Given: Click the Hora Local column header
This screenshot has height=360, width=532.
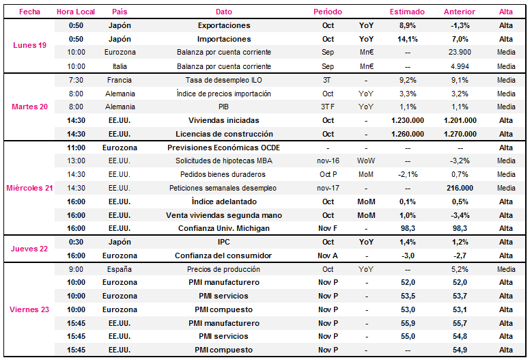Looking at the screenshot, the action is pyautogui.click(x=76, y=12).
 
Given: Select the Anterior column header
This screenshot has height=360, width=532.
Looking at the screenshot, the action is pyautogui.click(x=460, y=12).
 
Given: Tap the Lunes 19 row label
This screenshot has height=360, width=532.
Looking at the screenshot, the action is pyautogui.click(x=29, y=45).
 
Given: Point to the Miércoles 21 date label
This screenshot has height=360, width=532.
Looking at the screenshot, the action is pyautogui.click(x=29, y=188).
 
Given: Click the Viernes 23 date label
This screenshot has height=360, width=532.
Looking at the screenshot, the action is pyautogui.click(x=29, y=309).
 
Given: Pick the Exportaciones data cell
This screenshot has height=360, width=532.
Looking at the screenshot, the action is pyautogui.click(x=224, y=25).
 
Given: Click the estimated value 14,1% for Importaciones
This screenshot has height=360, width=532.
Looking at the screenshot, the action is pyautogui.click(x=408, y=39).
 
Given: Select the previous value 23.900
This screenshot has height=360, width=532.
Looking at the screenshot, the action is pyautogui.click(x=460, y=52).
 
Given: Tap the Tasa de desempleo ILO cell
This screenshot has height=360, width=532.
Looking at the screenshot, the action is pyautogui.click(x=223, y=80).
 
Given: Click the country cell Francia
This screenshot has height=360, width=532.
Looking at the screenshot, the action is pyautogui.click(x=120, y=80).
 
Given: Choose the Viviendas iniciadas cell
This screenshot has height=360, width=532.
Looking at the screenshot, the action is pyautogui.click(x=223, y=120).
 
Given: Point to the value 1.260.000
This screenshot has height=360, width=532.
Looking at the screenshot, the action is pyautogui.click(x=408, y=134).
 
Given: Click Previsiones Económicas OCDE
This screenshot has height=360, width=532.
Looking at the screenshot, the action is pyautogui.click(x=223, y=148).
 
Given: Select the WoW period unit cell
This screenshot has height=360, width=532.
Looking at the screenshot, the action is pyautogui.click(x=366, y=161).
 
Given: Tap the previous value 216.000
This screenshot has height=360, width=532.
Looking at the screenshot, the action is pyautogui.click(x=460, y=188).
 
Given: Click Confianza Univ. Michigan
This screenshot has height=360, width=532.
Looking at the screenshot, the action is pyautogui.click(x=224, y=228).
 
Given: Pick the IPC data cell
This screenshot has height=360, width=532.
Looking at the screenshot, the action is pyautogui.click(x=223, y=242).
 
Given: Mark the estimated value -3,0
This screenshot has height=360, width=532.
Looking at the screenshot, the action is pyautogui.click(x=408, y=255).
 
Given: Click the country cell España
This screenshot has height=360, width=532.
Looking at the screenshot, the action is pyautogui.click(x=120, y=269).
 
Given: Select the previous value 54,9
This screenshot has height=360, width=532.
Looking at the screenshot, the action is pyautogui.click(x=460, y=350).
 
